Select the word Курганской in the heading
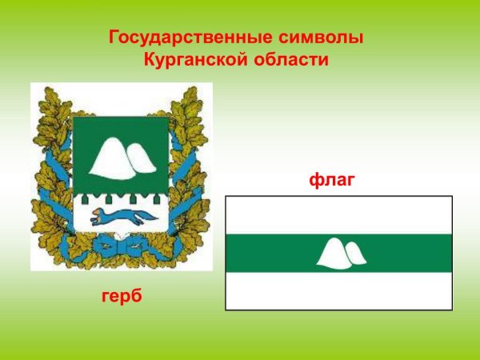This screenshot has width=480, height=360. tap(194, 59)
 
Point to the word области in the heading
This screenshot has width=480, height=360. tap(290, 59)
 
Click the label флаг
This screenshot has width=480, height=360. tap(331, 182)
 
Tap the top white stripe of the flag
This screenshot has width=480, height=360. tap(338, 215)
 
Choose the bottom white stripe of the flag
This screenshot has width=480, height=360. tap(338, 291)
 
